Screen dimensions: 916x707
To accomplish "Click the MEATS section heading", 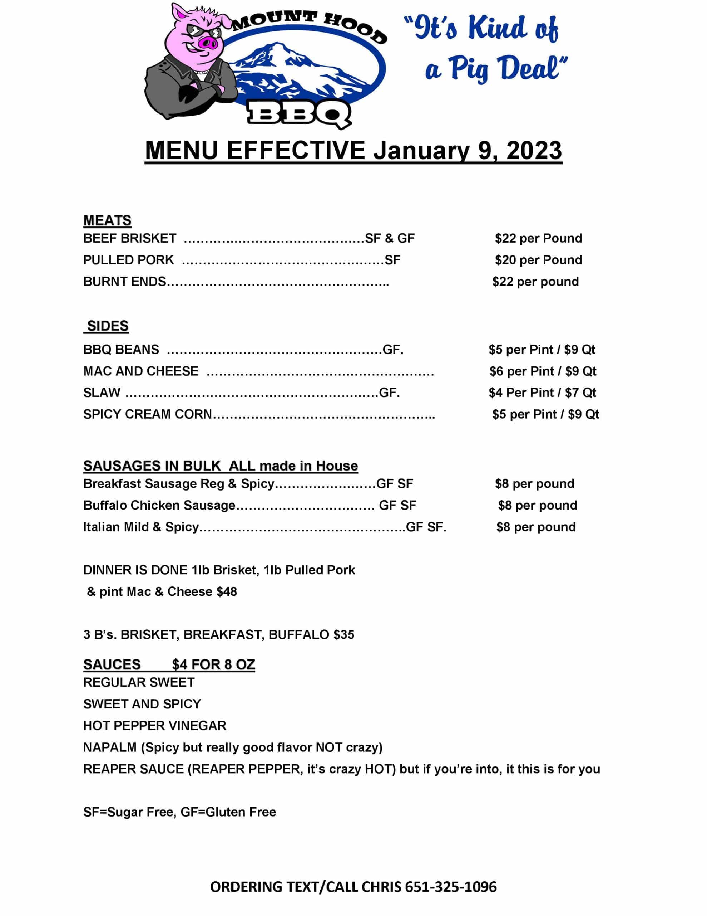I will click(107, 221).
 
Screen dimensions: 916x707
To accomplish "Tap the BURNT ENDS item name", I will click(124, 282).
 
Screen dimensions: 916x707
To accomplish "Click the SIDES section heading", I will click(107, 326).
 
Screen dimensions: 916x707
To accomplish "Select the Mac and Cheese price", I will click(542, 371).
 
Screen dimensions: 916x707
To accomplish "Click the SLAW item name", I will click(102, 393).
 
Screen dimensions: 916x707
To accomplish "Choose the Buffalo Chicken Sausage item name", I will click(159, 505).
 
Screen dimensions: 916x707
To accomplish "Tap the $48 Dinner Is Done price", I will click(227, 591).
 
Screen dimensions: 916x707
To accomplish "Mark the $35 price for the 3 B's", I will click(343, 634).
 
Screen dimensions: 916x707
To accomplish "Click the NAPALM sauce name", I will click(110, 747).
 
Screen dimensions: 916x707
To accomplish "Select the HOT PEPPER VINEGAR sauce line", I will click(155, 726).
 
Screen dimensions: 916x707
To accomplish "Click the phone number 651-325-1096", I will click(450, 887).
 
